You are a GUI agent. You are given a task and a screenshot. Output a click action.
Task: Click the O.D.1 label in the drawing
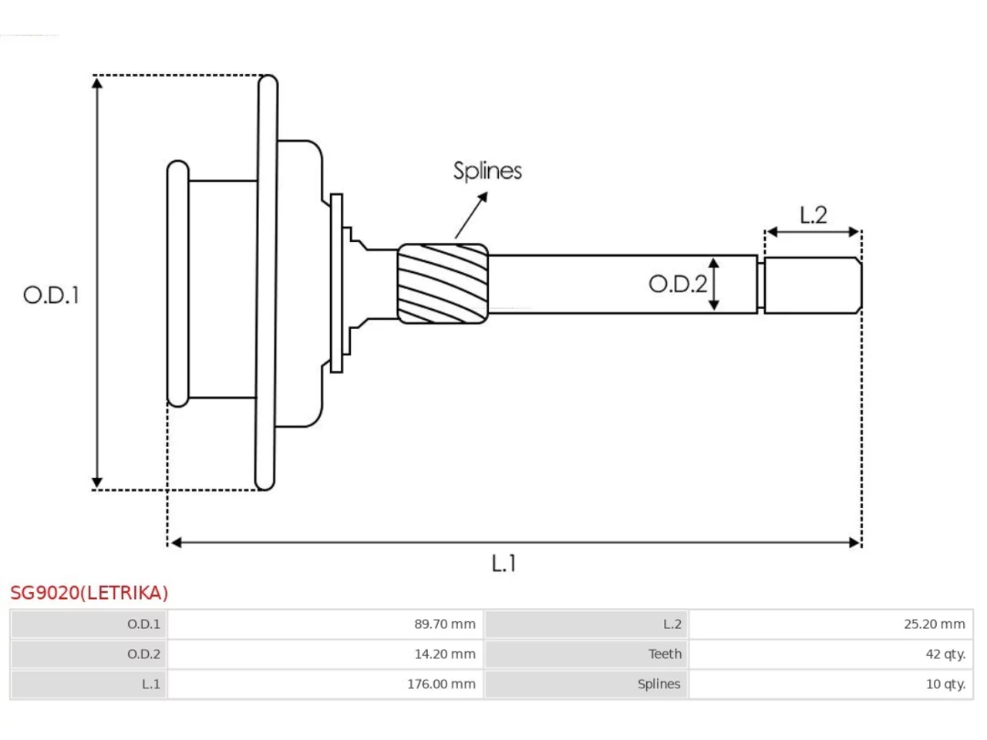[x=51, y=295]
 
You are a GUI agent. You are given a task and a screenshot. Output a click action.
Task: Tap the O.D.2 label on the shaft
[x=678, y=284]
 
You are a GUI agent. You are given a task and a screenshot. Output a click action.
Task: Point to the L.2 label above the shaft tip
[x=813, y=215]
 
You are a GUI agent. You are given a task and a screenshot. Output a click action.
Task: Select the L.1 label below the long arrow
[x=504, y=563]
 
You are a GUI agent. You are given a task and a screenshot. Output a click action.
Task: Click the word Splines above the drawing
[x=487, y=171]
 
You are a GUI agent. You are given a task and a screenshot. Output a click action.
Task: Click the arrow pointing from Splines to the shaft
[x=471, y=215]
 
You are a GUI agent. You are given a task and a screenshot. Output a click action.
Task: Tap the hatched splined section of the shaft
[x=443, y=284]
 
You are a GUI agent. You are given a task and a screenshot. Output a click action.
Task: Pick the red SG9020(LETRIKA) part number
[x=89, y=593]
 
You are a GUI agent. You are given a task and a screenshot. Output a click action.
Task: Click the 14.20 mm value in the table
[x=445, y=654]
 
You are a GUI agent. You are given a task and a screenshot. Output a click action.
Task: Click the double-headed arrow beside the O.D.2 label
[x=713, y=284]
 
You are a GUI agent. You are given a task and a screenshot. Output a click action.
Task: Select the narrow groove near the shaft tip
[x=761, y=285]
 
